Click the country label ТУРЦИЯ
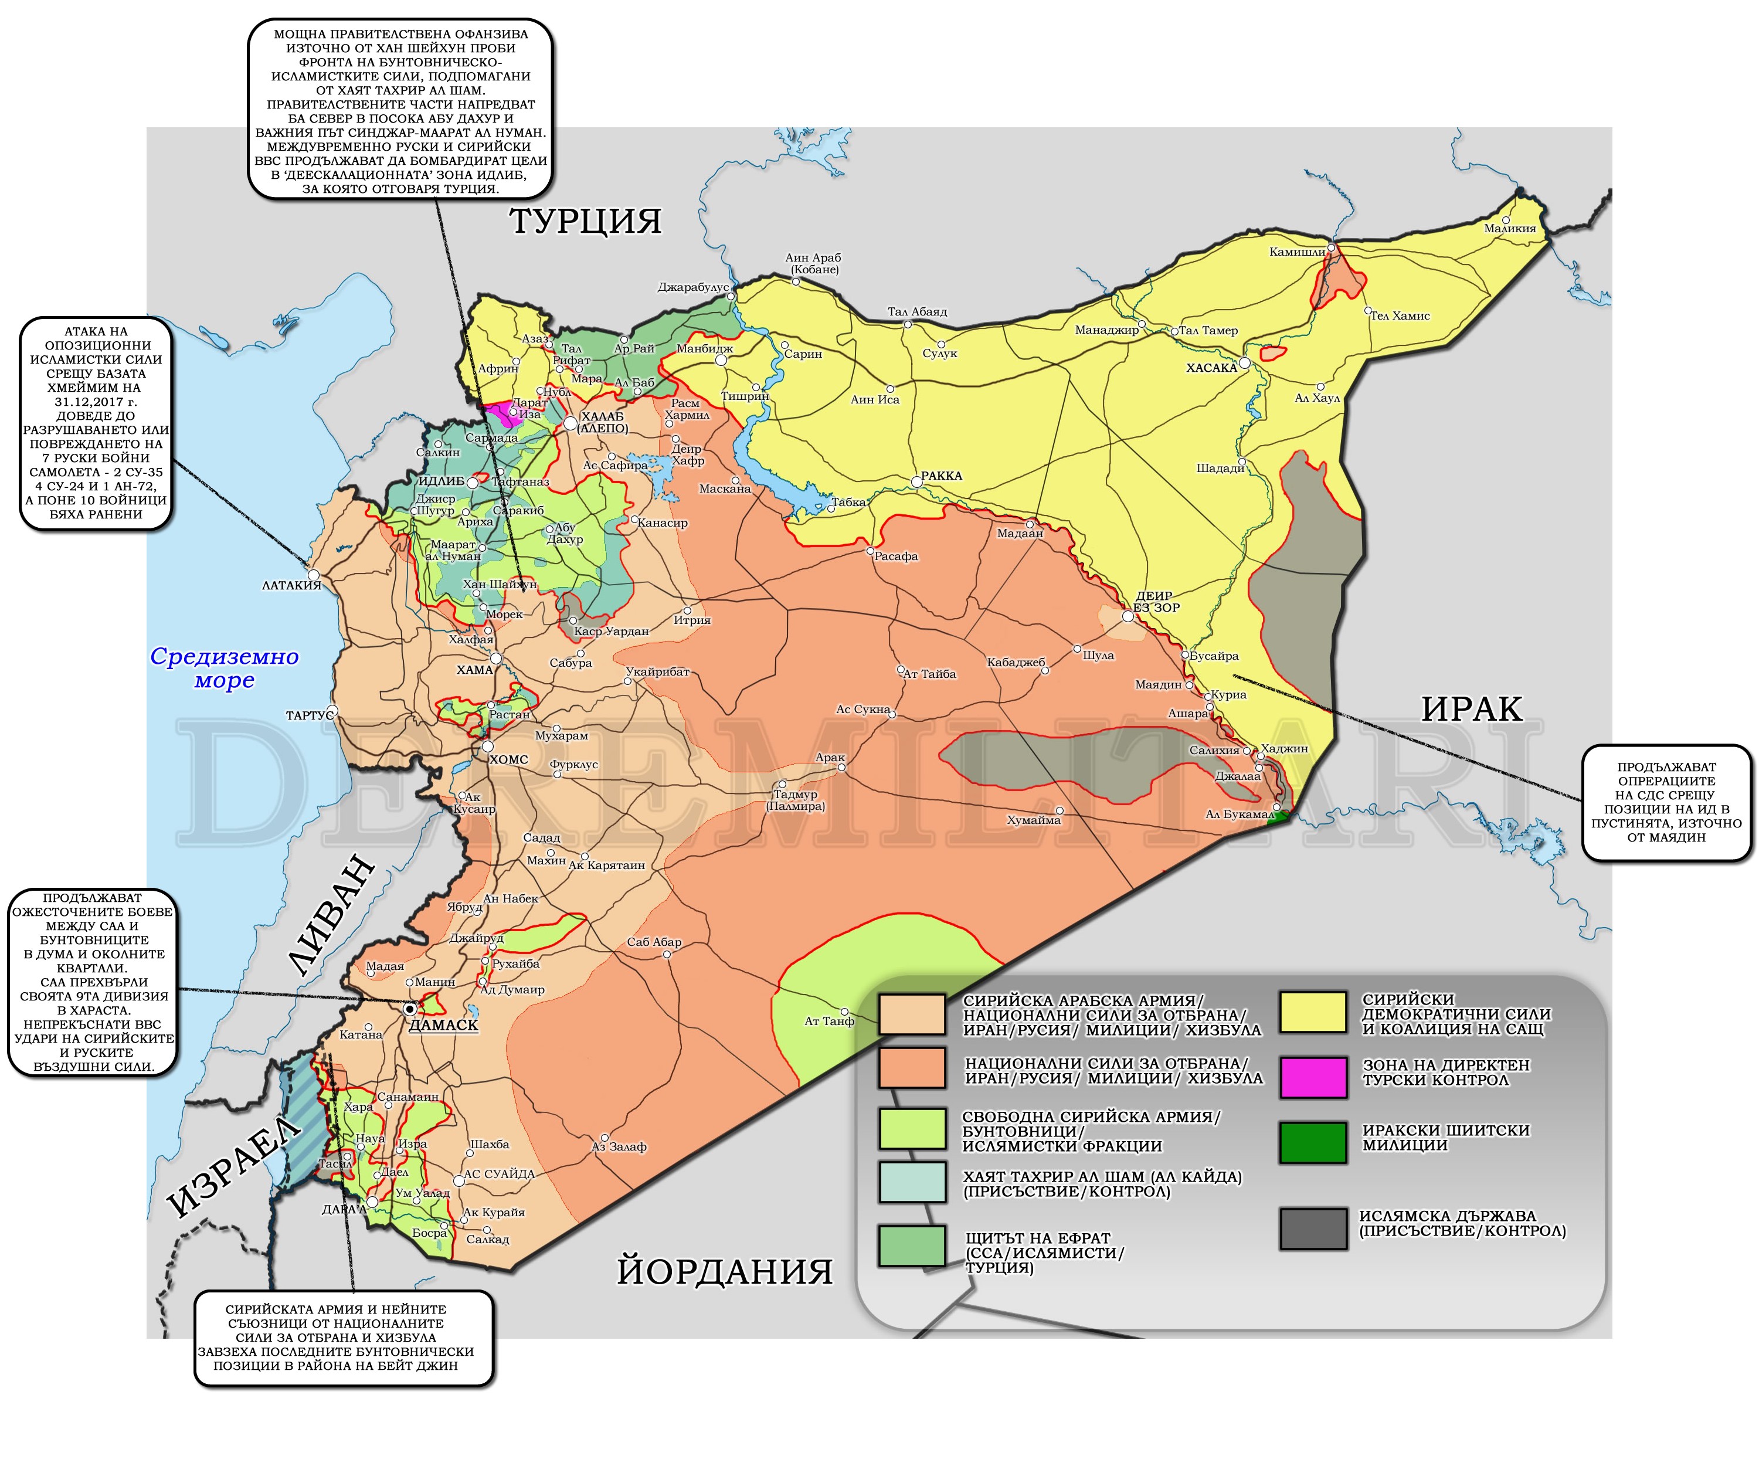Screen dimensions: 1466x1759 pyautogui.click(x=586, y=221)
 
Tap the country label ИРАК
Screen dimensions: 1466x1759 pyautogui.click(x=1471, y=709)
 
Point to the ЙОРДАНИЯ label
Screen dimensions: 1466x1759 pyautogui.click(x=725, y=1271)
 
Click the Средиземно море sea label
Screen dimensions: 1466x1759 pyautogui.click(x=225, y=668)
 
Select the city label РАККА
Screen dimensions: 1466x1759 pyautogui.click(x=942, y=476)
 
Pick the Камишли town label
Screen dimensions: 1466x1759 pyautogui.click(x=1296, y=252)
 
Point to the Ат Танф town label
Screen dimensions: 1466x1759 pyautogui.click(x=828, y=1021)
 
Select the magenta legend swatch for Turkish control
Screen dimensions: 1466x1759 pyautogui.click(x=1313, y=1077)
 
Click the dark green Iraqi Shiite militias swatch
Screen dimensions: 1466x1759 pyautogui.click(x=1313, y=1142)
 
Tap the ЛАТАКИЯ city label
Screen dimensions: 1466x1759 pyautogui.click(x=291, y=585)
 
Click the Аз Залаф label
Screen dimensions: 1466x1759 pyautogui.click(x=619, y=1147)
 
